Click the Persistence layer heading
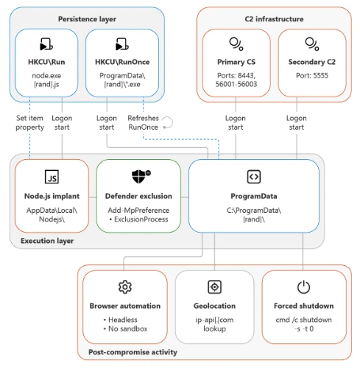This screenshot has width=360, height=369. point(87,19)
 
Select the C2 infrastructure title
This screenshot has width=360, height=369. point(274,19)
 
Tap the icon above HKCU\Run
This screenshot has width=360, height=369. point(46,44)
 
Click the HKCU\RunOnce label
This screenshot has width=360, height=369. point(122,62)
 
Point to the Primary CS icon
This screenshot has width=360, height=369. point(236,44)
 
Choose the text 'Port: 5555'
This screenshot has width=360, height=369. point(312,75)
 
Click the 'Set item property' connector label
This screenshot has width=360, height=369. point(29,122)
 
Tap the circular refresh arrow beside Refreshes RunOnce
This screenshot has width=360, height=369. point(168,122)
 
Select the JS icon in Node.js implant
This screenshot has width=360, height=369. point(52,177)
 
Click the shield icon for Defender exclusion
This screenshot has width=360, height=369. point(141,177)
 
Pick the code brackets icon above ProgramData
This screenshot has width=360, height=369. point(254,177)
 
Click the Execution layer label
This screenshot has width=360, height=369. point(47,241)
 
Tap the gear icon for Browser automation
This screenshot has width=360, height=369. point(125,287)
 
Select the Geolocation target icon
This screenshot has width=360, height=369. point(214,287)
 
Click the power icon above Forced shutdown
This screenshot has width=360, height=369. point(303,287)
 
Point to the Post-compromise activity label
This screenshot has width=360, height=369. point(133,352)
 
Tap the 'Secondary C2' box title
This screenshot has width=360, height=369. point(312,62)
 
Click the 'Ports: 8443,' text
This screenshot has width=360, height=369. point(236,75)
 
